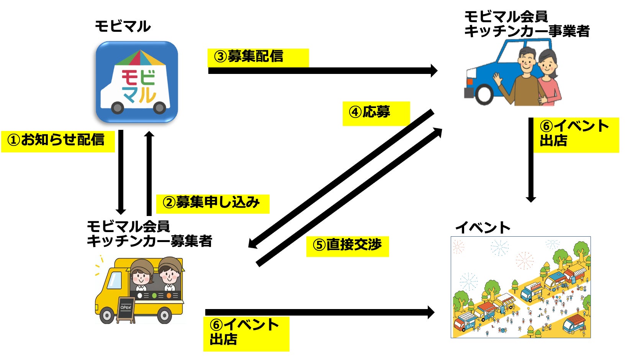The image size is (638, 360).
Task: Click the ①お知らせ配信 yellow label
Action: (x=57, y=141)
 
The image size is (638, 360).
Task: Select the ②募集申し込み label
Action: (x=212, y=203)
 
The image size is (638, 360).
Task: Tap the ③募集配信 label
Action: (x=257, y=57)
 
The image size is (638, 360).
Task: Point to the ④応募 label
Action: (x=376, y=113)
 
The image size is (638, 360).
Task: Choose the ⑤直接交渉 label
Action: (x=347, y=246)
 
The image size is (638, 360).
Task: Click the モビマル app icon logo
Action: (x=137, y=82)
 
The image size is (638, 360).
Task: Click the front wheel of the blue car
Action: (x=484, y=94)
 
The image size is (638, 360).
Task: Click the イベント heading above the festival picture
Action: (x=483, y=228)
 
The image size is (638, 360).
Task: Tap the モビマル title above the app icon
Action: (x=123, y=26)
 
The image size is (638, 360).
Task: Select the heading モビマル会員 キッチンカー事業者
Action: (x=526, y=24)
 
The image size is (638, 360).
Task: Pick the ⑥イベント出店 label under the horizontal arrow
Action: (x=245, y=333)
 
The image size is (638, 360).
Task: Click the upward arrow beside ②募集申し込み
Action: (x=149, y=172)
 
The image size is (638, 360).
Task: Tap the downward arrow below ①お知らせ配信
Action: (x=121, y=172)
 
